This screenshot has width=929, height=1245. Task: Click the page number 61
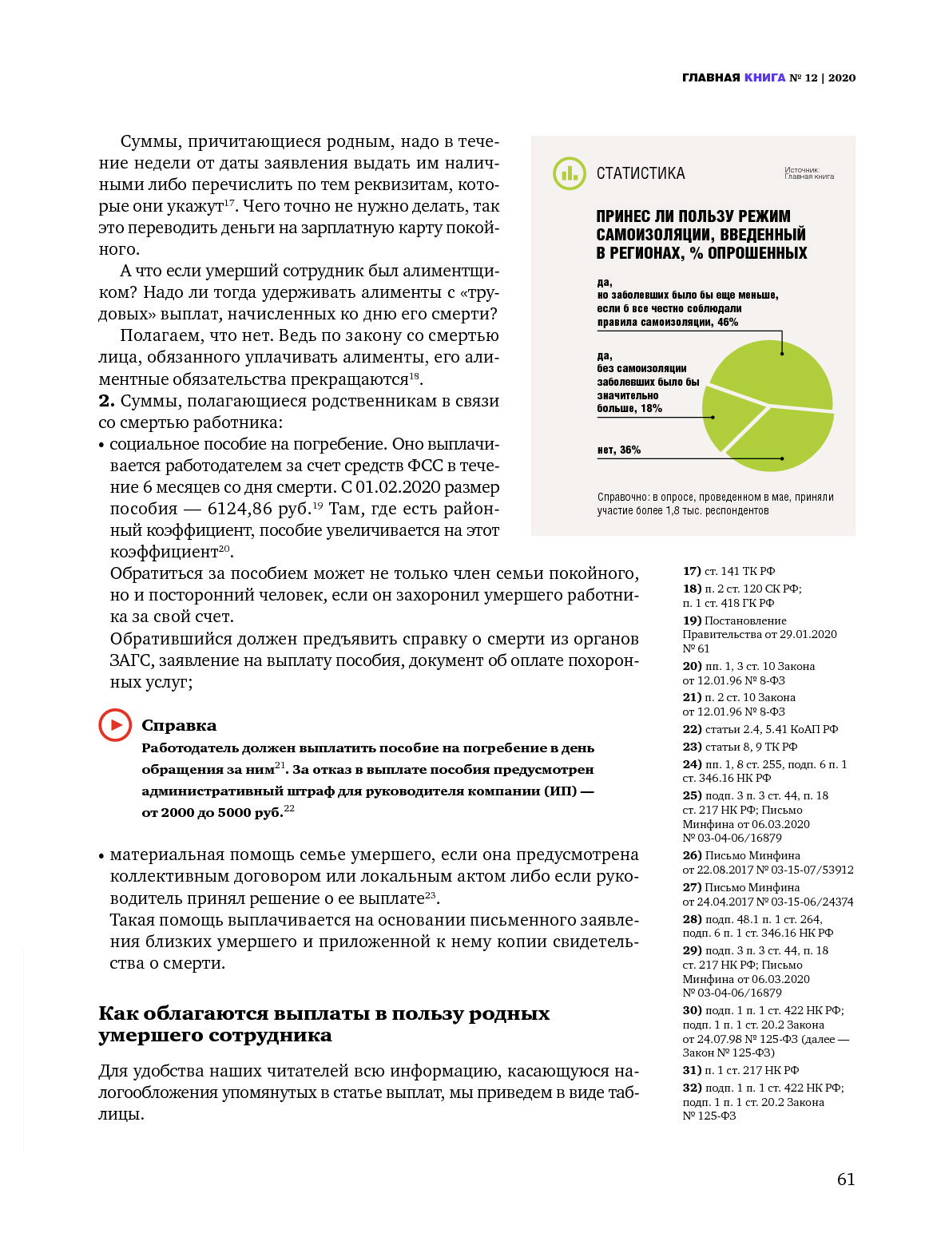click(x=845, y=1180)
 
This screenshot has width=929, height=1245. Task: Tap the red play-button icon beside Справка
click(x=115, y=725)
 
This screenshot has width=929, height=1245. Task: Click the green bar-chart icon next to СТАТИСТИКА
click(x=570, y=173)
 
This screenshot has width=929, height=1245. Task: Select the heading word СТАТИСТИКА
click(x=641, y=173)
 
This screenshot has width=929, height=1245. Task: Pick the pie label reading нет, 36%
click(x=619, y=450)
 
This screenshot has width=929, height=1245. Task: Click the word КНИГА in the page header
click(x=764, y=77)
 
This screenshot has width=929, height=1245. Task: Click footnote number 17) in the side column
click(x=692, y=571)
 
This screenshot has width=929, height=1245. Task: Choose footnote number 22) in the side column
click(x=692, y=729)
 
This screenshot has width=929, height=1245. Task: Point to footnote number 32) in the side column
click(x=692, y=1088)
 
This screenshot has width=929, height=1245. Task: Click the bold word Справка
click(x=179, y=725)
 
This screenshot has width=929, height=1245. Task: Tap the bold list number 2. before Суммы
click(x=106, y=401)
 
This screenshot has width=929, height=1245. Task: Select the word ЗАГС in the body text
click(x=131, y=660)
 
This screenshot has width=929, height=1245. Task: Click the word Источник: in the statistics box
click(x=802, y=169)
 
